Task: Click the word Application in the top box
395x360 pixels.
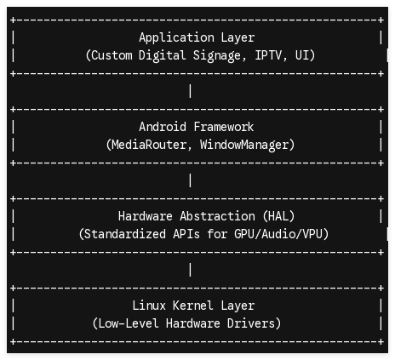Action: click(x=176, y=38)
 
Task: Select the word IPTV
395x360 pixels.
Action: click(x=268, y=55)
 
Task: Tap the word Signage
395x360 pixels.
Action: click(x=217, y=56)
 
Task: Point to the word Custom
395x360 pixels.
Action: click(x=112, y=55)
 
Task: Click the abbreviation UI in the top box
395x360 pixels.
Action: click(x=302, y=55)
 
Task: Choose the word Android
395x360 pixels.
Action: click(x=163, y=127)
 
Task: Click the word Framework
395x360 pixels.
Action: click(x=224, y=127)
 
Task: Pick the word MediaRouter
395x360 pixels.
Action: click(x=149, y=145)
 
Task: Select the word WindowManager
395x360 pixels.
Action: click(x=244, y=146)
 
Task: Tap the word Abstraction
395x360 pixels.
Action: click(x=217, y=216)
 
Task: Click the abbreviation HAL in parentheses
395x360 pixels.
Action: click(x=278, y=216)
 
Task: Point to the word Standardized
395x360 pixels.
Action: click(x=125, y=234)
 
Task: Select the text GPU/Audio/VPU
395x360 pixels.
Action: click(x=278, y=234)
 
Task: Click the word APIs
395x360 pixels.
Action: click(x=186, y=234)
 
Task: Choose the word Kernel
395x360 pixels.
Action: click(x=193, y=306)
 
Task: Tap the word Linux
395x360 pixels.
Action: click(x=149, y=306)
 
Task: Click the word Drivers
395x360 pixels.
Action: click(x=251, y=323)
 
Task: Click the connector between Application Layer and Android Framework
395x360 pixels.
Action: click(x=190, y=91)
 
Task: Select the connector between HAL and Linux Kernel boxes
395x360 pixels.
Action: click(x=190, y=270)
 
